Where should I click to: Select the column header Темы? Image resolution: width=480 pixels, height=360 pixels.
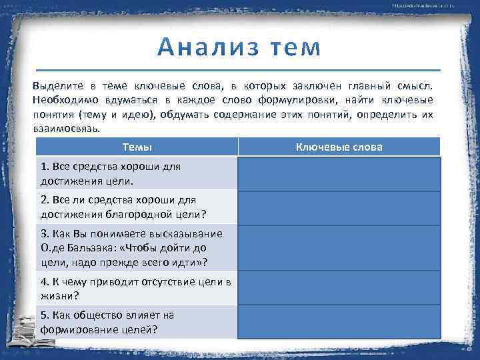[x=137, y=147]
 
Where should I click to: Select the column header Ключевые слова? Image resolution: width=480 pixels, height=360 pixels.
[x=339, y=147]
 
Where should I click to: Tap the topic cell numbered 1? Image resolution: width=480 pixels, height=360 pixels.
[x=137, y=173]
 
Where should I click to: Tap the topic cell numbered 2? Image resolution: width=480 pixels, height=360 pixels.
[x=137, y=207]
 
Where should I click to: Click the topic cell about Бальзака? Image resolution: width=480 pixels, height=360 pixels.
[x=137, y=247]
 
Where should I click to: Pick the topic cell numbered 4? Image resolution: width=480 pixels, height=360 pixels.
[x=137, y=287]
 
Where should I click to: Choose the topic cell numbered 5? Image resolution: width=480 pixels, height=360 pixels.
[x=137, y=321]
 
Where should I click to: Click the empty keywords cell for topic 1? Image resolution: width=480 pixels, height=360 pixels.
[x=339, y=173]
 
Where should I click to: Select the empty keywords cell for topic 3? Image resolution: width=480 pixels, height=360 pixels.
[x=339, y=247]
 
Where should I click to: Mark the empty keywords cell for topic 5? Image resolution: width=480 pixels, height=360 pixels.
[x=339, y=321]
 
